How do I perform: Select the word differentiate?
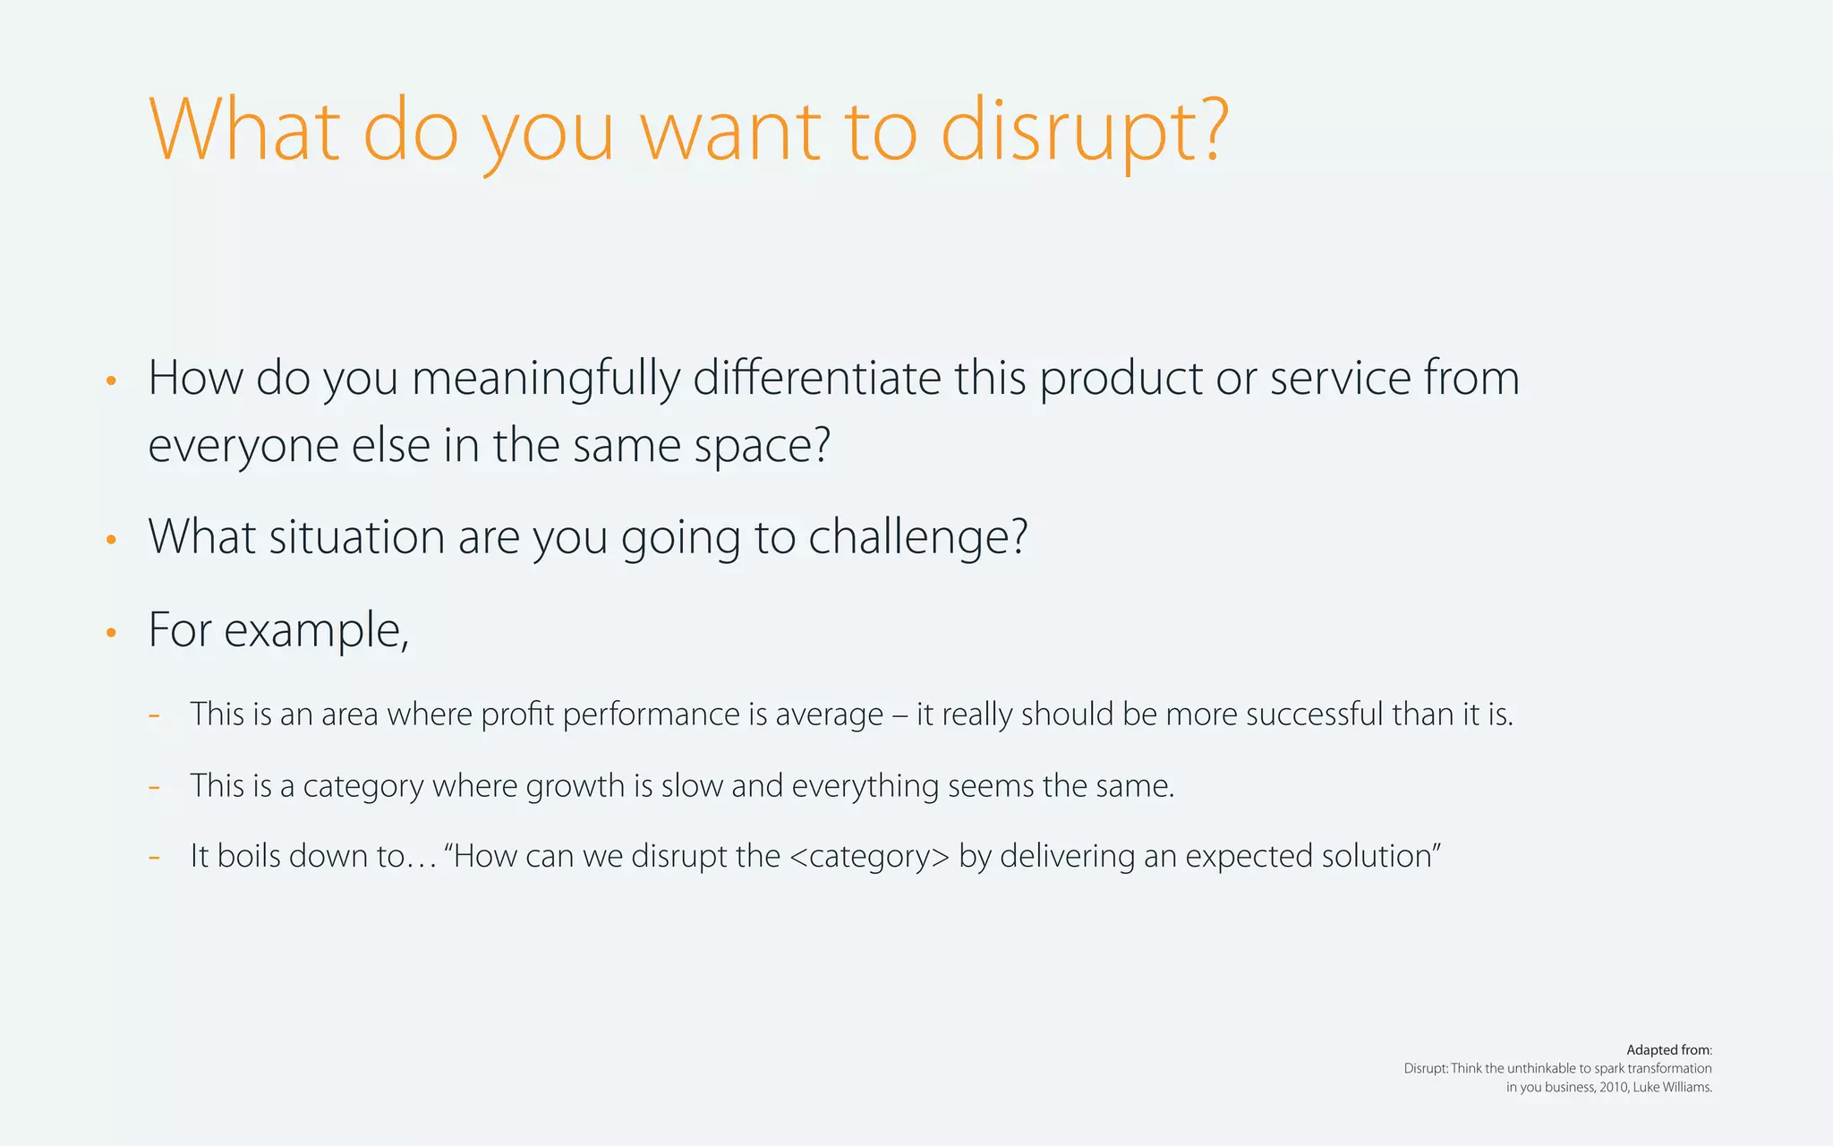click(816, 379)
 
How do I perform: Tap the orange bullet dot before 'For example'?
click(111, 633)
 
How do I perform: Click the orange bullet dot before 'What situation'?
click(111, 540)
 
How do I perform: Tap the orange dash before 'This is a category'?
click(155, 787)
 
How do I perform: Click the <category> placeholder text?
click(869, 857)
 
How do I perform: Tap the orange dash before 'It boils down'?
click(155, 858)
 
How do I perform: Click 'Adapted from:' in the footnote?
click(1668, 1050)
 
